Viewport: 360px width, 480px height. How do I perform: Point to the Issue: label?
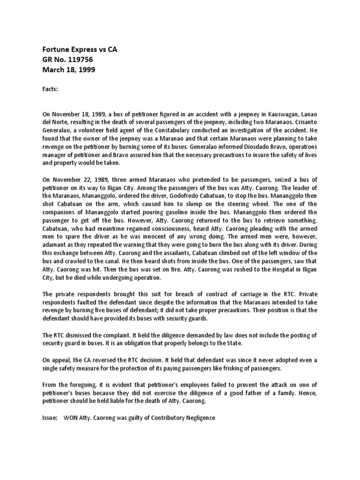(x=51, y=418)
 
